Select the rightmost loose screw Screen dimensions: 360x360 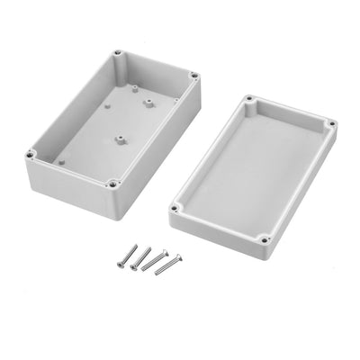click(166, 265)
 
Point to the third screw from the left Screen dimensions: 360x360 click(155, 260)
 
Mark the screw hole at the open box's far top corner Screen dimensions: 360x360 click(118, 57)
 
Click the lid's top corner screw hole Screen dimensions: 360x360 click(247, 97)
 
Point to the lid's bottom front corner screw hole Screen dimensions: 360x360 click(263, 239)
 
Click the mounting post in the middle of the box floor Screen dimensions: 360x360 click(118, 140)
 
